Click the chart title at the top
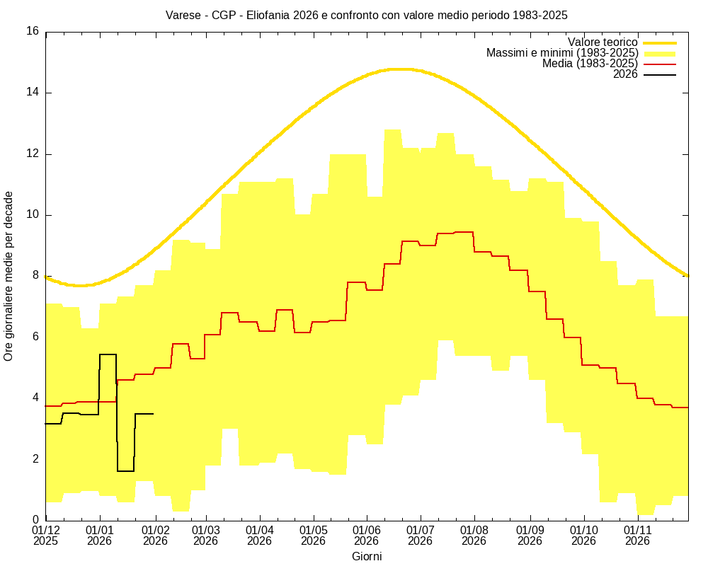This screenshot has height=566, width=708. (366, 14)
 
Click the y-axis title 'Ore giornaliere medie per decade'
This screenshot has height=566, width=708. (8, 276)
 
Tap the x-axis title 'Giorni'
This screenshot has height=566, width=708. (367, 556)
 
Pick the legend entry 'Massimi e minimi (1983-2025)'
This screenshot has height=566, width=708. (562, 53)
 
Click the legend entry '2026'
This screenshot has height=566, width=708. (625, 74)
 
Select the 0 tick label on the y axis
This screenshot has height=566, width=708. (36, 520)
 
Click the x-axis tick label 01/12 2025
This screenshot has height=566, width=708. (46, 535)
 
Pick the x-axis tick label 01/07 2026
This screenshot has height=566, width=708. (421, 535)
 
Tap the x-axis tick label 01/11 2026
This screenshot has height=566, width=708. (637, 535)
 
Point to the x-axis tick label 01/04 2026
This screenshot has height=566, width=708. (260, 535)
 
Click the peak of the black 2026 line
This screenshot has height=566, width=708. (108, 354)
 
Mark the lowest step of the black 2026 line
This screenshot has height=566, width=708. (126, 470)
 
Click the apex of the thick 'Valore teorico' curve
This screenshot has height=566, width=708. (401, 69)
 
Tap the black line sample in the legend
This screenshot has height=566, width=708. (659, 74)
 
